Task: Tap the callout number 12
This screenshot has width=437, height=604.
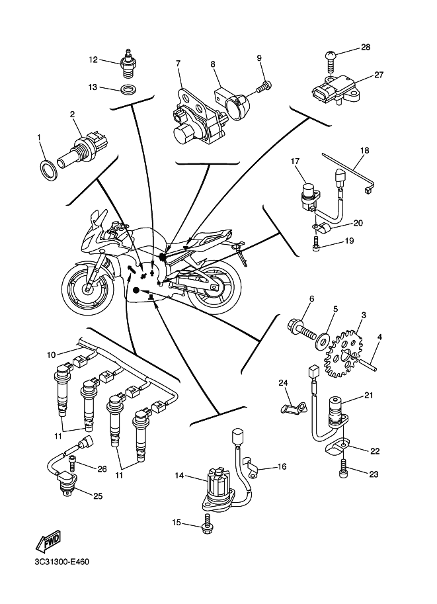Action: tap(93, 60)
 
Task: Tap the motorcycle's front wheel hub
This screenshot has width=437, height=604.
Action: tap(87, 288)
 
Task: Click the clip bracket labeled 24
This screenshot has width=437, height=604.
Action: tap(291, 405)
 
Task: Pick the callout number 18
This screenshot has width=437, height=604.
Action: tap(364, 150)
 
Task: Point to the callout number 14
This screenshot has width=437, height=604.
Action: tap(179, 476)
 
